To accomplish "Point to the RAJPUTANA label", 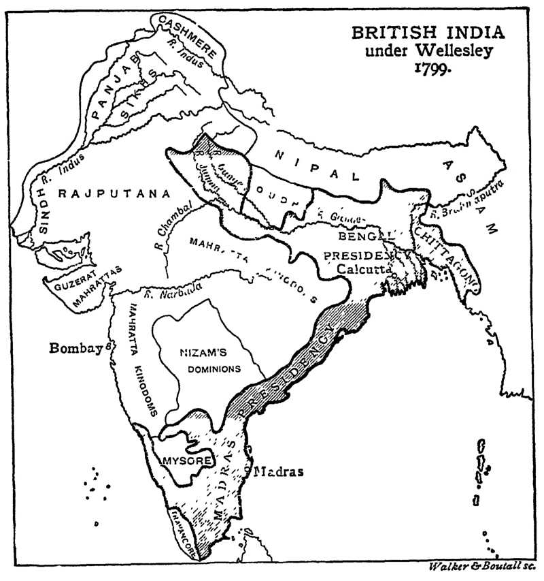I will [x=114, y=193].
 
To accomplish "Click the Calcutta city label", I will [x=364, y=269].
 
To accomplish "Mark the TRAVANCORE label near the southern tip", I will [x=183, y=531].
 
